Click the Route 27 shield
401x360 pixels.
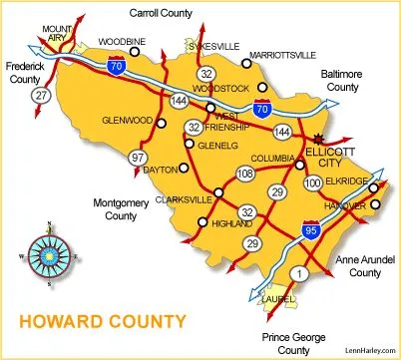[41, 96]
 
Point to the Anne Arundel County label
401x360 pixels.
[360, 265]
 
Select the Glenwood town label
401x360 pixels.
[127, 121]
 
